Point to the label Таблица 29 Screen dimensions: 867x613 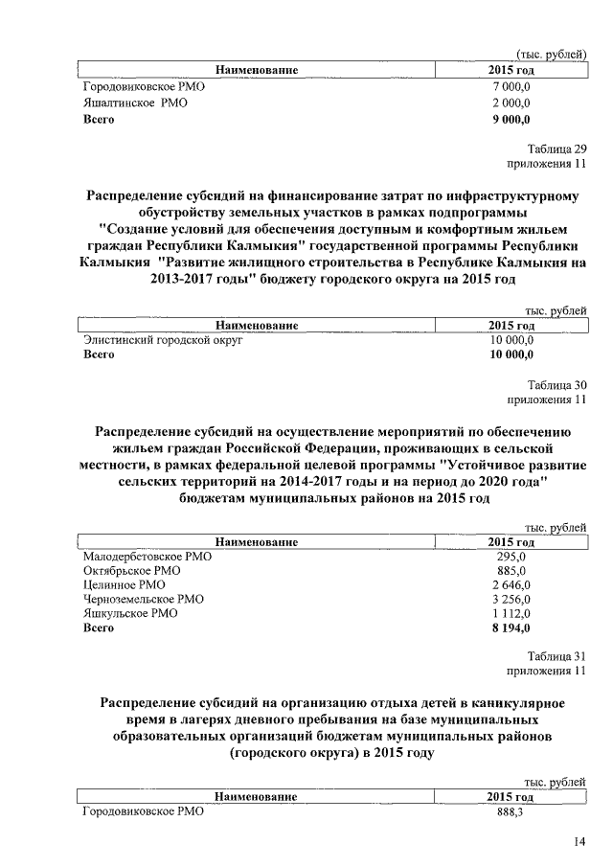556,148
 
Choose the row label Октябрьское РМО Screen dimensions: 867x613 132,571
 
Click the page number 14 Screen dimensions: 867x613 579,842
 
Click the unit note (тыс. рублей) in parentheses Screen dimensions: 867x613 551,56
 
